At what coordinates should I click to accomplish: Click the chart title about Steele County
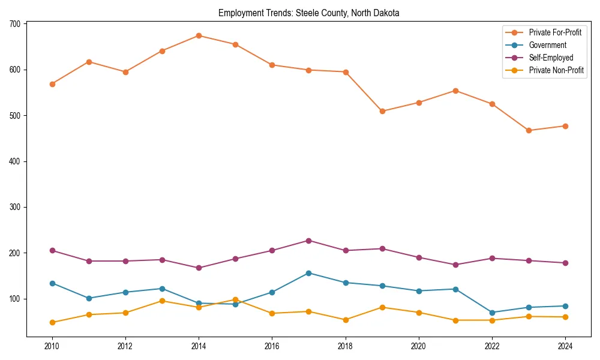tap(308, 13)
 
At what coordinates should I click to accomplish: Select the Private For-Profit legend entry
tap(555, 32)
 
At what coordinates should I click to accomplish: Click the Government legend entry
tap(547, 45)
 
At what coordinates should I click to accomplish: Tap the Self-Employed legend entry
tap(551, 58)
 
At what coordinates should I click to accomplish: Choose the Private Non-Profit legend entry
tap(556, 70)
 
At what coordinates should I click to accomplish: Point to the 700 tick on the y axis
tap(14, 24)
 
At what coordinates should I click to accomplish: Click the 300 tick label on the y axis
tap(14, 207)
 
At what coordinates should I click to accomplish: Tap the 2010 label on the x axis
tap(52, 346)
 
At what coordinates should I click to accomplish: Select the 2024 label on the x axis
tap(565, 346)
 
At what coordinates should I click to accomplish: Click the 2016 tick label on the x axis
tap(272, 346)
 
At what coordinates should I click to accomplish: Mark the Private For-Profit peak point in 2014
tap(199, 35)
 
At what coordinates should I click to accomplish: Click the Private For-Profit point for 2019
tap(382, 111)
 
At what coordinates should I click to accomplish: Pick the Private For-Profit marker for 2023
tap(529, 130)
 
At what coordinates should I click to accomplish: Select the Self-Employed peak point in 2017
tap(308, 241)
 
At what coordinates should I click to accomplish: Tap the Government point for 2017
tap(308, 273)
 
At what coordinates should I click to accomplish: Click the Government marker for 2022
tap(492, 313)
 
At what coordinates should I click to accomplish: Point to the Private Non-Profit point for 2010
tap(52, 322)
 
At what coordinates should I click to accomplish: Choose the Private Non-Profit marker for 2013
tap(162, 301)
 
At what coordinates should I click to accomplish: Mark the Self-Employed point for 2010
tap(52, 250)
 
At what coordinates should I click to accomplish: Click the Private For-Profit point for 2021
tap(455, 91)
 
